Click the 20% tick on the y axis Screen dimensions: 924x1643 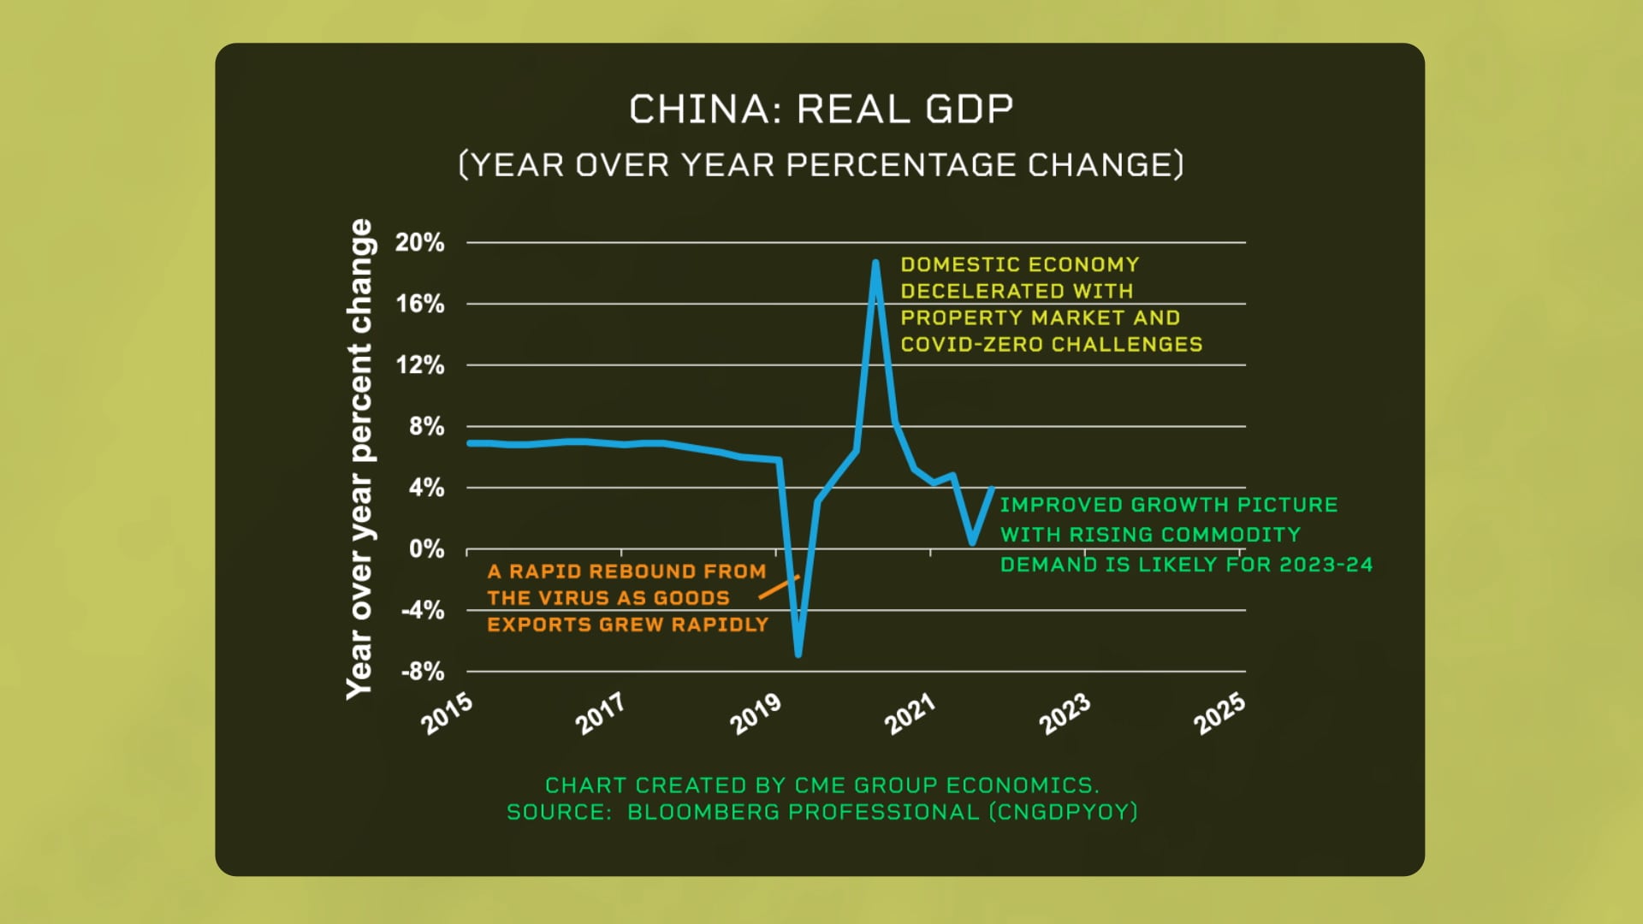pos(419,243)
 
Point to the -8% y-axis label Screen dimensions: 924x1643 pos(422,672)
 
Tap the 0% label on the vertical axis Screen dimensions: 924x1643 pos(426,549)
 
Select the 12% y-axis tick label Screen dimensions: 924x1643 pos(419,365)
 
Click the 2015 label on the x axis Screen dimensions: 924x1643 pos(447,714)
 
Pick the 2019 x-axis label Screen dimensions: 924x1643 pos(756,714)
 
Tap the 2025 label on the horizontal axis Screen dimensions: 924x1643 pos(1219,714)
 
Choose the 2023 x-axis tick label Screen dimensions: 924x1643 pos(1065,714)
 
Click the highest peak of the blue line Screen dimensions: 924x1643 pos(875,263)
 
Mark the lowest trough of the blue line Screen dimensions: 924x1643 pos(798,654)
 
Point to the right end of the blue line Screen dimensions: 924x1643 pos(992,489)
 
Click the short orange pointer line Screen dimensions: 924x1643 pos(778,587)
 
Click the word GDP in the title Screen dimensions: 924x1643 pos(970,110)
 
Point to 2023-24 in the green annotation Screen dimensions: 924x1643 pos(1326,565)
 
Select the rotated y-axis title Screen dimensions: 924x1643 pos(360,459)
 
